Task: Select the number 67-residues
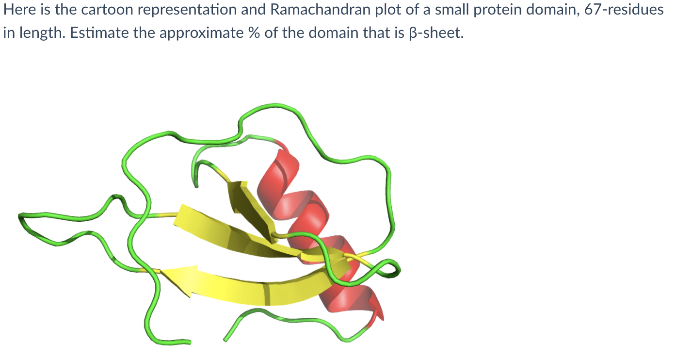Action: click(624, 10)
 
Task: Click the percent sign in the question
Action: click(254, 33)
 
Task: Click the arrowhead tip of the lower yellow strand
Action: click(161, 271)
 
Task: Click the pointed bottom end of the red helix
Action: click(383, 319)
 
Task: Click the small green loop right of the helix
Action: click(392, 268)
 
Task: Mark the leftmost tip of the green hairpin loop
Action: click(19, 216)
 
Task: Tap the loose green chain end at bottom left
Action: click(190, 342)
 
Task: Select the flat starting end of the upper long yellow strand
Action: click(178, 215)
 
